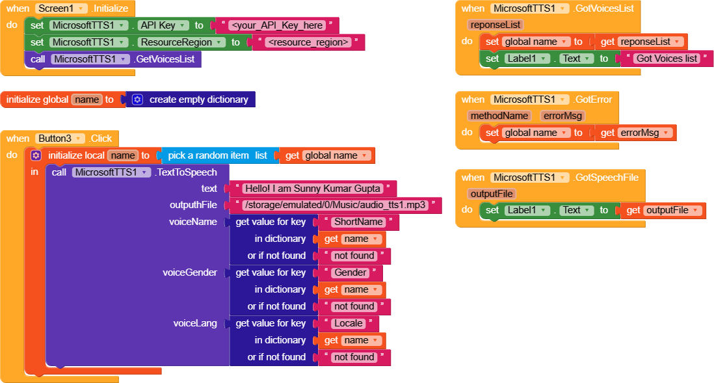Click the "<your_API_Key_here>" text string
click(277, 25)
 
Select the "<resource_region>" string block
click(309, 42)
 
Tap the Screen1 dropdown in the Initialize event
click(61, 8)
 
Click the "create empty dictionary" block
click(198, 99)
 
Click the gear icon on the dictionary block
click(137, 99)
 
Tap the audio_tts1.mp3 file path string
click(336, 205)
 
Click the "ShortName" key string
click(358, 222)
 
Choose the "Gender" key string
click(350, 273)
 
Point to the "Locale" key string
click(349, 323)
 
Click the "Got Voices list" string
click(667, 59)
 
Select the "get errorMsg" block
click(635, 133)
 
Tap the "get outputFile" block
click(663, 210)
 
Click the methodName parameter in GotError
click(499, 116)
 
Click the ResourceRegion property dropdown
click(181, 42)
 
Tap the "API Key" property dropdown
click(163, 25)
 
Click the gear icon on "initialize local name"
click(36, 155)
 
